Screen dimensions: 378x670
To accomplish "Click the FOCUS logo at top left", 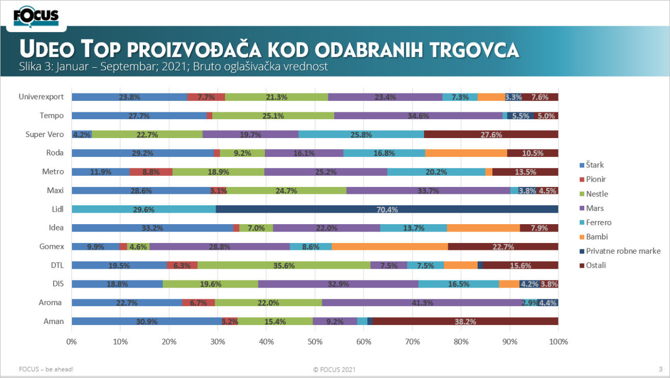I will [x=36, y=16].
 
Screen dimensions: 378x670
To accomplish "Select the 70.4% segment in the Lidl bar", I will [x=387, y=209].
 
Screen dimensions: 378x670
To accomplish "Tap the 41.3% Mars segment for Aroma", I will [x=421, y=302].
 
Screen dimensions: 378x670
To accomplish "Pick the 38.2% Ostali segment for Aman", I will [x=466, y=321].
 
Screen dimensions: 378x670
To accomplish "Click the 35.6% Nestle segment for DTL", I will [x=284, y=265].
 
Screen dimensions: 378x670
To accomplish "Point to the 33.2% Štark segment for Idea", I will [x=152, y=228].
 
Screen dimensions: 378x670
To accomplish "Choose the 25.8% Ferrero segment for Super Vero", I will [x=361, y=134].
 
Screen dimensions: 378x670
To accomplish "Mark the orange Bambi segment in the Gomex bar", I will [x=389, y=246].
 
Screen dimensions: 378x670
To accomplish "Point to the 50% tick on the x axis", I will [x=315, y=342].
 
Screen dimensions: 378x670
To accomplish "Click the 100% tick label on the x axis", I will [x=558, y=342].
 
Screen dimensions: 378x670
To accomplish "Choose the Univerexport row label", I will [x=41, y=97].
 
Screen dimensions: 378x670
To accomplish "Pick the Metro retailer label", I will [x=53, y=172].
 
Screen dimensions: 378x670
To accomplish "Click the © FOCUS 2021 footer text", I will [x=334, y=369].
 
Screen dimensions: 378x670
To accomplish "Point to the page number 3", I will [x=660, y=369].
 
